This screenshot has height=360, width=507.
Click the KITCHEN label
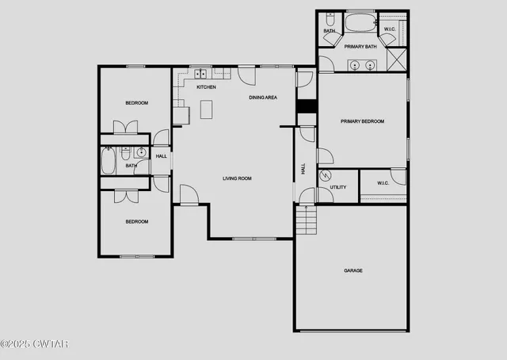coord(206,87)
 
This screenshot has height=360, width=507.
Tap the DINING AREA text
coord(263,98)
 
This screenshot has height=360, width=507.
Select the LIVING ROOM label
coord(237,178)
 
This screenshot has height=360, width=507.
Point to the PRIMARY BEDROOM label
coord(362,121)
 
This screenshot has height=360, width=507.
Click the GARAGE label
coord(353,271)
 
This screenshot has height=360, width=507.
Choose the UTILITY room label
coord(338,187)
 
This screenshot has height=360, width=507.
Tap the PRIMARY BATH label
coord(360,47)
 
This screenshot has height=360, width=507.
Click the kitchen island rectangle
coord(207,109)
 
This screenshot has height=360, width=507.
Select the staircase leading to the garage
coord(306,220)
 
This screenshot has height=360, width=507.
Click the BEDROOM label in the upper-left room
coord(136,103)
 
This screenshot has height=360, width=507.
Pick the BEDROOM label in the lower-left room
coord(136,222)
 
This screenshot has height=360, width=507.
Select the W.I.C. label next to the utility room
coord(382,183)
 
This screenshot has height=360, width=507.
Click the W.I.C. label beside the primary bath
coord(390,30)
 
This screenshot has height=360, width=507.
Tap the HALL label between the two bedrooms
coord(161,156)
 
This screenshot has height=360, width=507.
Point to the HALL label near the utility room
coord(303,169)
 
